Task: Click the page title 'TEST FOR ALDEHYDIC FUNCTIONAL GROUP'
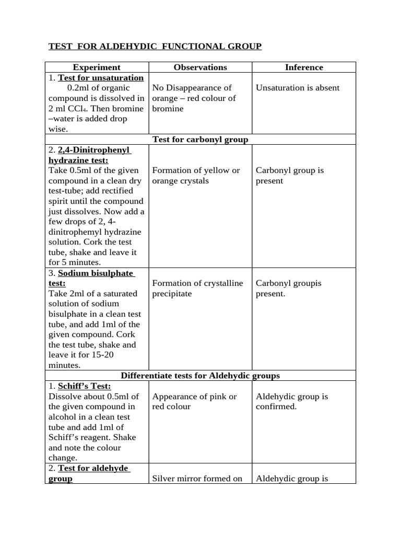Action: (155, 47)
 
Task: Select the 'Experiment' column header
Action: (97, 67)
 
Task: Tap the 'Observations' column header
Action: (200, 67)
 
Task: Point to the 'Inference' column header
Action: (304, 67)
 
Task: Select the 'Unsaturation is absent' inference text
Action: (297, 88)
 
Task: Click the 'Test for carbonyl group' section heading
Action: (200, 139)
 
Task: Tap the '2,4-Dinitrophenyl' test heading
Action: (93, 150)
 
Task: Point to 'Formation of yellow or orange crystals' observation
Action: (196, 176)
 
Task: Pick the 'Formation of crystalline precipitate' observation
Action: (197, 288)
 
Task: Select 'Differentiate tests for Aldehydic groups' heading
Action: (200, 376)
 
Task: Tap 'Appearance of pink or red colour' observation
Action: (194, 401)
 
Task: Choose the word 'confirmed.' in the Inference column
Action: (276, 406)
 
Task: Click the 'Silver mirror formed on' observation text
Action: (197, 479)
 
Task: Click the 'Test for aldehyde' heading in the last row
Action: (93, 468)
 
